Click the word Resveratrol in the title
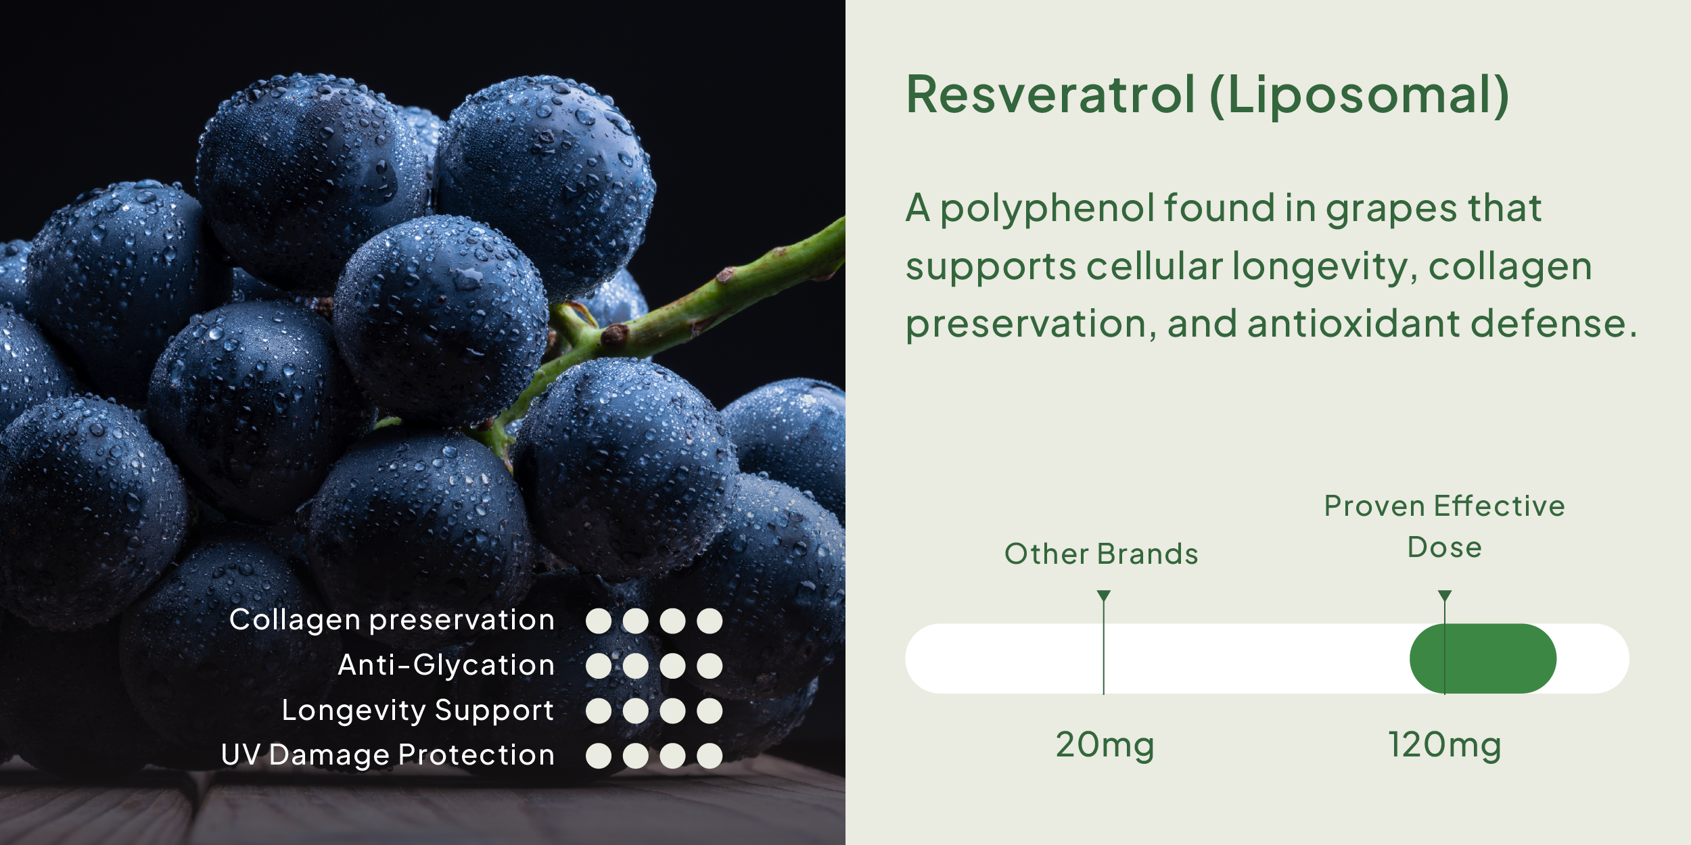point(1050,95)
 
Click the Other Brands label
point(1101,554)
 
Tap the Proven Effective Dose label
point(1444,526)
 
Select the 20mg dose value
point(1105,746)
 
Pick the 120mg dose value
point(1444,746)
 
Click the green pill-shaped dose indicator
point(1483,658)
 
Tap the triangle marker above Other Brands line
point(1104,595)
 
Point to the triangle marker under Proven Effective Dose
point(1445,595)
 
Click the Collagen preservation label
point(392,621)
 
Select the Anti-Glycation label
point(446,665)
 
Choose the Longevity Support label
point(417,711)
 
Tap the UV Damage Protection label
point(388,756)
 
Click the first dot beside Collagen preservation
point(599,621)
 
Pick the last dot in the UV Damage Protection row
point(710,756)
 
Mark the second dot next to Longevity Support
point(636,711)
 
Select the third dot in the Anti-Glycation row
point(672,666)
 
